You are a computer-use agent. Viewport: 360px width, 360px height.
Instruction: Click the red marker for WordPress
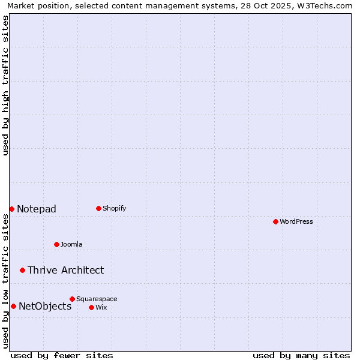point(275,221)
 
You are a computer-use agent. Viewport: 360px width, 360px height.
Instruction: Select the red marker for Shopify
point(98,208)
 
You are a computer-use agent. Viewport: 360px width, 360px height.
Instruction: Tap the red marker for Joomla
point(56,244)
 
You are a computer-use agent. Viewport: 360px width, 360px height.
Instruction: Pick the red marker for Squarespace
point(72,299)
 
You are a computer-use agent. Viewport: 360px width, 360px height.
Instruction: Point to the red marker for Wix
point(91,307)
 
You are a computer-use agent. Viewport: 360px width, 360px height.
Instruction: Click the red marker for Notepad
point(11,209)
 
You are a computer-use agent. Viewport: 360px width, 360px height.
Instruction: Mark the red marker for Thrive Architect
point(22,270)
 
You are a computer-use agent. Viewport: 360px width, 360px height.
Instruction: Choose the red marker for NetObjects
point(13,306)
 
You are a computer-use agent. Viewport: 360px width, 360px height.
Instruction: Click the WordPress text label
point(296,221)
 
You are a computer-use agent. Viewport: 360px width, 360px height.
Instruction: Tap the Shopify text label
point(115,208)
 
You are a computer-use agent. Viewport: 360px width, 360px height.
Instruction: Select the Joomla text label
point(71,244)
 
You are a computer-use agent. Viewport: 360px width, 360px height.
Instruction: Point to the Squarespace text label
point(97,299)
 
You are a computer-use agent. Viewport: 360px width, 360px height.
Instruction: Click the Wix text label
point(101,307)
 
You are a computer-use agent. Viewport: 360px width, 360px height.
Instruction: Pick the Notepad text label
point(37,209)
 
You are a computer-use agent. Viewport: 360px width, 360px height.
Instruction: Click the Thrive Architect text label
point(65,270)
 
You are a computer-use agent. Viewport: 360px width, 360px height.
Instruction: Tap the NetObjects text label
point(45,306)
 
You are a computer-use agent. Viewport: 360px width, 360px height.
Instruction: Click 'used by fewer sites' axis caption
point(62,355)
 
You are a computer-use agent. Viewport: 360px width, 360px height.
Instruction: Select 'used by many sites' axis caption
point(301,355)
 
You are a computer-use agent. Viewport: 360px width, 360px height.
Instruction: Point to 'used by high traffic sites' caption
point(5,85)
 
